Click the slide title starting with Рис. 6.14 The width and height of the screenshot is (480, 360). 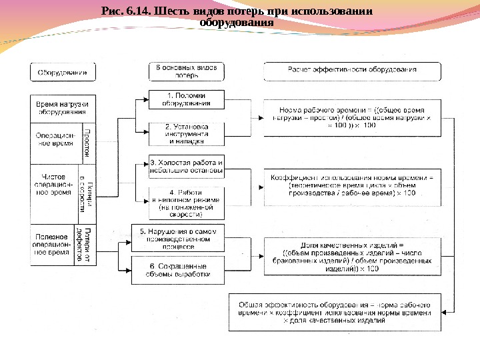tap(237, 17)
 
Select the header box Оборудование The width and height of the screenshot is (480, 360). tap(63, 71)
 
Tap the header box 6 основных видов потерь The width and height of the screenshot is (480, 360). tap(187, 71)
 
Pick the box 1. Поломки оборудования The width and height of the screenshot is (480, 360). tap(187, 100)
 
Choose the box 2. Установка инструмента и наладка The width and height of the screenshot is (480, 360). tap(187, 133)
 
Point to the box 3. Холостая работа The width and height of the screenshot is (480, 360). tap(187, 167)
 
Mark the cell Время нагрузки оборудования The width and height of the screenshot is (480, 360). tap(63, 108)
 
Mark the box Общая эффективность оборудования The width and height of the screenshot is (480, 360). tap(335, 311)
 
